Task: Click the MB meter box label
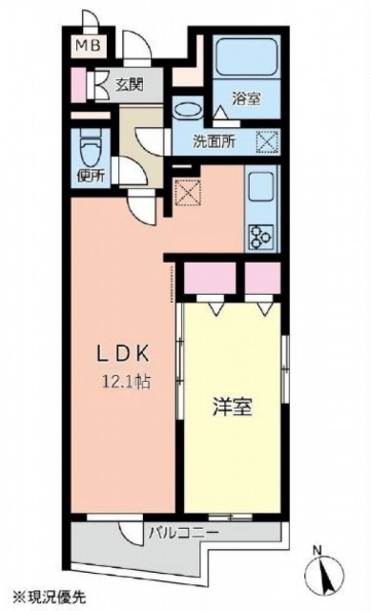(88, 45)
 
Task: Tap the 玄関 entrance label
(129, 84)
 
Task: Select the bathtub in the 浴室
(247, 56)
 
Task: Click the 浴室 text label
(246, 98)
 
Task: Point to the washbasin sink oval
(188, 110)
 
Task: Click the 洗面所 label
(214, 141)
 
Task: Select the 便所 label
(91, 176)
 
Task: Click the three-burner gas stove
(261, 237)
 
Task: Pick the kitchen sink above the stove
(261, 187)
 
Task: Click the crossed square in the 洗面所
(267, 141)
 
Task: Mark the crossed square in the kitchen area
(188, 192)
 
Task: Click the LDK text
(123, 354)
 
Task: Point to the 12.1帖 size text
(126, 382)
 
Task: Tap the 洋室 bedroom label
(233, 407)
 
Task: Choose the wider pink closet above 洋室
(210, 278)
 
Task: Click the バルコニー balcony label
(184, 532)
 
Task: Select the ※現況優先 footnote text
(50, 596)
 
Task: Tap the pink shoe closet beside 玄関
(78, 85)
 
